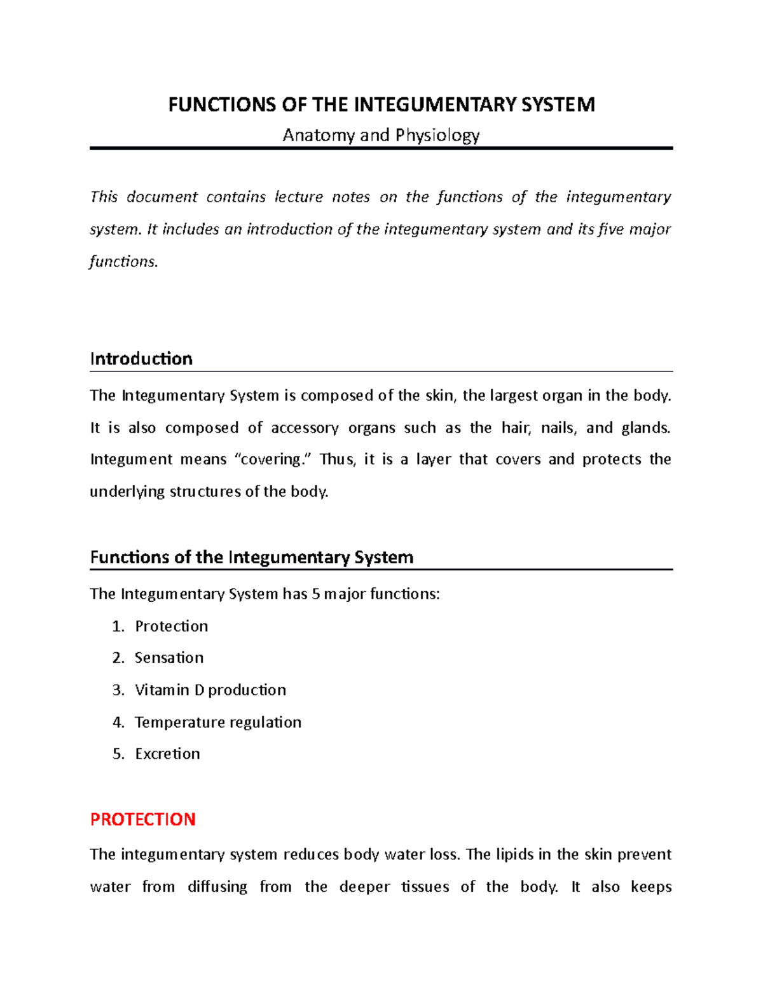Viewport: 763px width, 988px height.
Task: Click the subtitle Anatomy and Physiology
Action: pyautogui.click(x=381, y=136)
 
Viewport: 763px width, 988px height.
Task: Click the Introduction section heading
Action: pyautogui.click(x=141, y=359)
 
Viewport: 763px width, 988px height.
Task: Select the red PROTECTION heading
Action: pyautogui.click(x=142, y=819)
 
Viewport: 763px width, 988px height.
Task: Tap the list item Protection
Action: pyautogui.click(x=171, y=627)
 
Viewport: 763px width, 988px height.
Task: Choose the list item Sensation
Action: pyautogui.click(x=169, y=658)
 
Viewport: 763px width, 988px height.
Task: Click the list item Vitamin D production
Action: pyautogui.click(x=210, y=690)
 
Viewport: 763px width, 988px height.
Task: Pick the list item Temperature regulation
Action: pyautogui.click(x=218, y=723)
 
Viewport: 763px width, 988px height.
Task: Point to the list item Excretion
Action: pyautogui.click(x=167, y=754)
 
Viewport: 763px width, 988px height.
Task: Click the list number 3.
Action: pyautogui.click(x=117, y=690)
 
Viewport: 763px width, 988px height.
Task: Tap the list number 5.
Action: pyautogui.click(x=117, y=754)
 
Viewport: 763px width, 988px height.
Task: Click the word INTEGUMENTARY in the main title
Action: pyautogui.click(x=435, y=104)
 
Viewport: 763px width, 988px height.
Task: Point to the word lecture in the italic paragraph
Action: pyautogui.click(x=298, y=197)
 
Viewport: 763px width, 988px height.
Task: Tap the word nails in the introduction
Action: pyautogui.click(x=558, y=428)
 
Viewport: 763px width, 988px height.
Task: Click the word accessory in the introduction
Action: pyautogui.click(x=305, y=428)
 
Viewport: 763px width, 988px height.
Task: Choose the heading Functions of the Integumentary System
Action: pyautogui.click(x=252, y=557)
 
